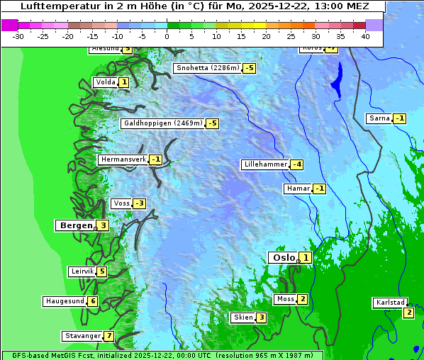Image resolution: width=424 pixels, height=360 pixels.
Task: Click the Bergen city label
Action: [75, 225]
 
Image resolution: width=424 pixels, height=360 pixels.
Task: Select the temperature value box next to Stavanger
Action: [108, 336]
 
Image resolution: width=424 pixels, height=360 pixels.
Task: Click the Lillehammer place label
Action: [265, 164]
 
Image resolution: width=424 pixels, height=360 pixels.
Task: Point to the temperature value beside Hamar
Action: [320, 189]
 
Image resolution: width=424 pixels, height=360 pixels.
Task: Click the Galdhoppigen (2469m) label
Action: [163, 123]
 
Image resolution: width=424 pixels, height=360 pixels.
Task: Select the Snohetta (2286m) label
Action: [208, 68]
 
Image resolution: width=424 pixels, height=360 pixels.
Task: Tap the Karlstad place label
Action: [390, 303]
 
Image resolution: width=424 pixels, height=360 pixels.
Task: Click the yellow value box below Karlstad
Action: [408, 313]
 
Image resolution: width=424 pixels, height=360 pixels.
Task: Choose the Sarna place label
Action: [379, 118]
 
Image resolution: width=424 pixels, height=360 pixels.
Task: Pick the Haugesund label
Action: [65, 301]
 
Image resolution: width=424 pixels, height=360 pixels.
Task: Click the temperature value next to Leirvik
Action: [101, 271]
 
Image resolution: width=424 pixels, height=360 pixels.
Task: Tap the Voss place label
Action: [121, 203]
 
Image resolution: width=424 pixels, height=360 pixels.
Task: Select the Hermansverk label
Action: [123, 159]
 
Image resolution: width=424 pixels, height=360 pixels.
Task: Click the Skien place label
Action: [242, 317]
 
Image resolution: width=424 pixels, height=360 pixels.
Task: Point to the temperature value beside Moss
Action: [303, 299]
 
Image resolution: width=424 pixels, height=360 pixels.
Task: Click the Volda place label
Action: [105, 82]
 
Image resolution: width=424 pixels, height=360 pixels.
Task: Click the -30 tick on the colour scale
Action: [18, 36]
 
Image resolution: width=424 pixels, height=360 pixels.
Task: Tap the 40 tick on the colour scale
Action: [365, 36]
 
